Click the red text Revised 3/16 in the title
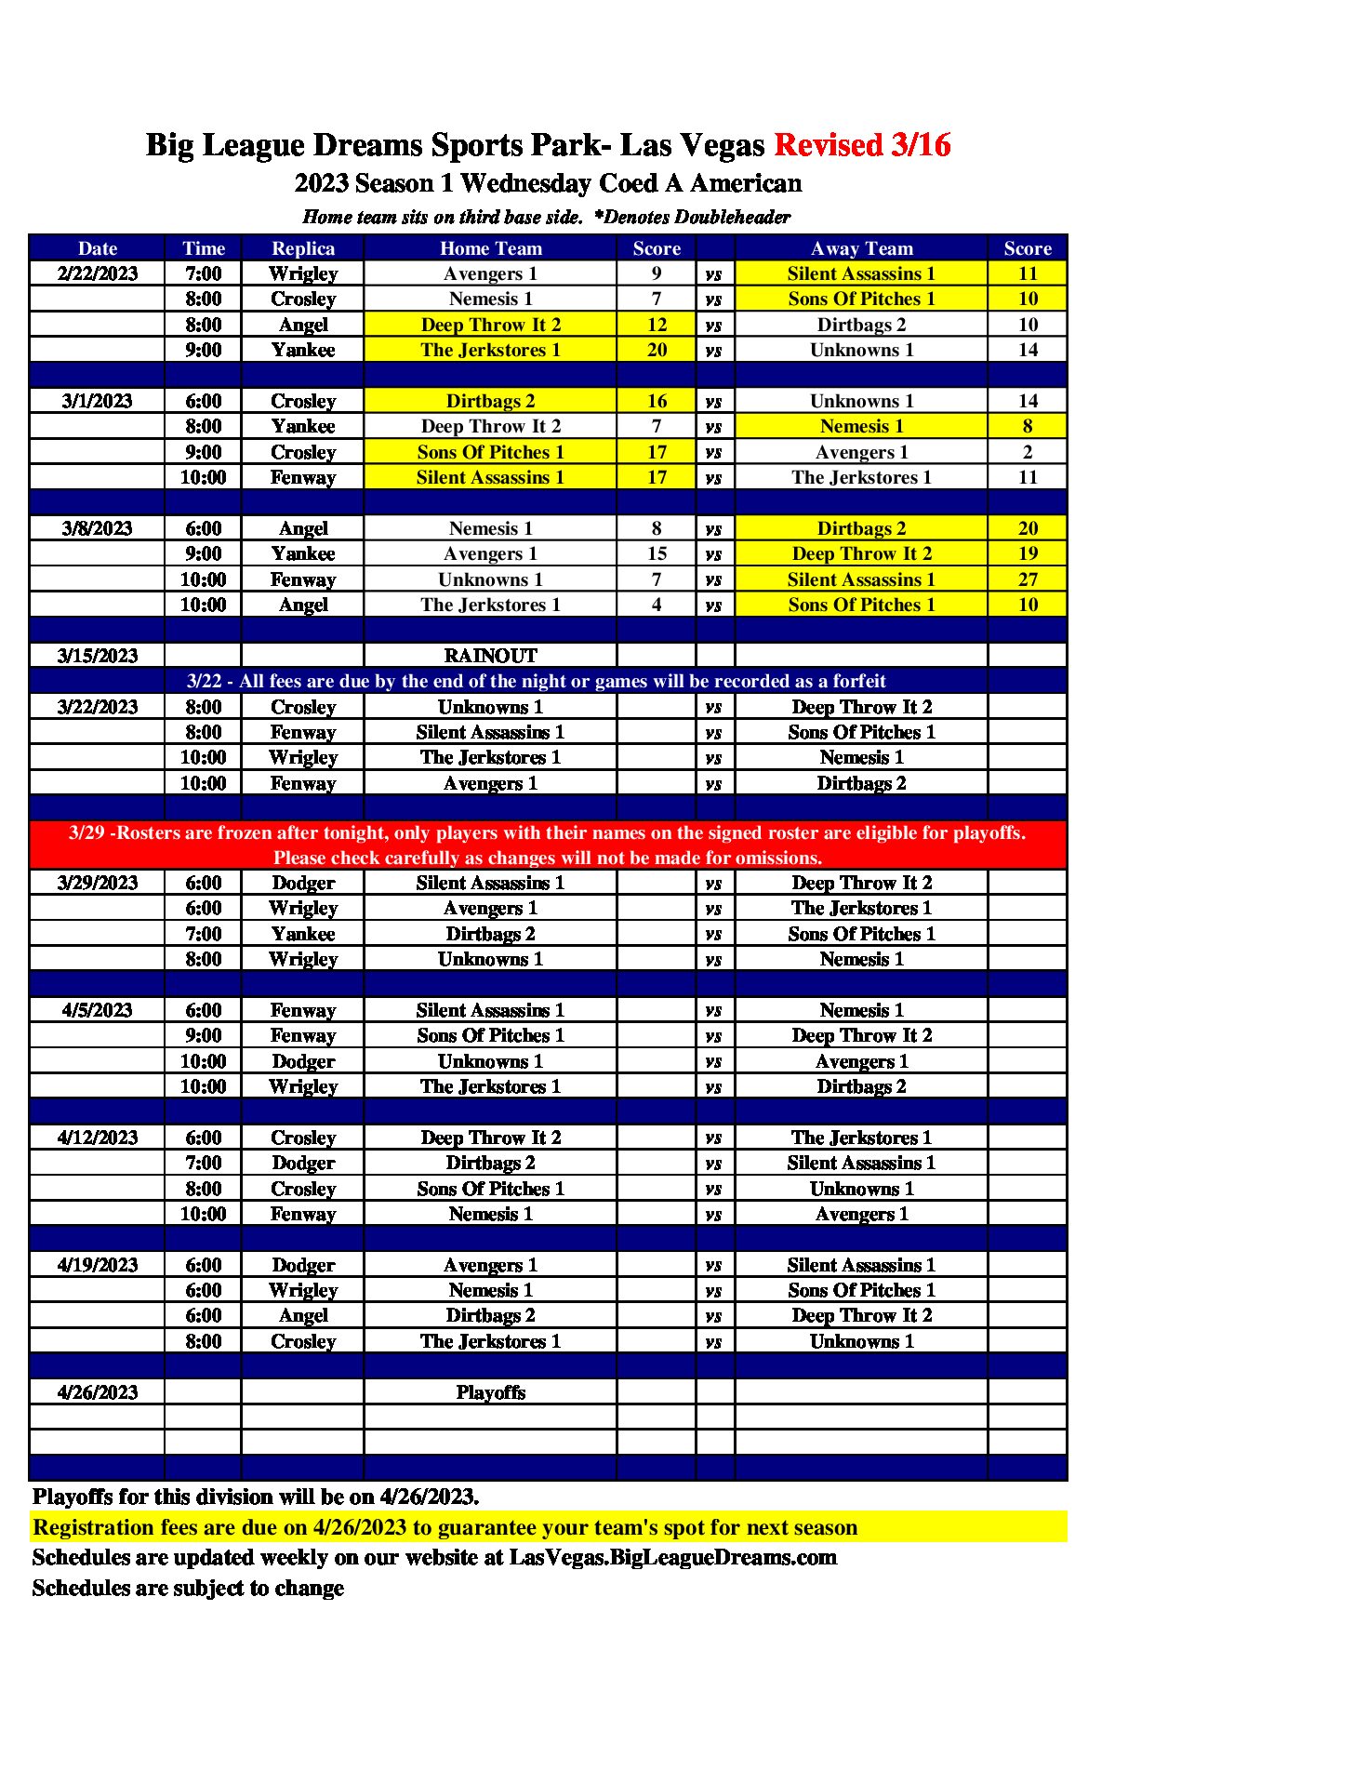tap(861, 145)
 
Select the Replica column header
tap(302, 248)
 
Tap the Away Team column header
tap(861, 248)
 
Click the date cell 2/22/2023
tap(98, 273)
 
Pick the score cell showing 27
tap(1027, 579)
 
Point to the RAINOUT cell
tap(490, 656)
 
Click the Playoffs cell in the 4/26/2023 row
tap(490, 1392)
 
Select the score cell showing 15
tap(657, 553)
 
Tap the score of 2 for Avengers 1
tap(1027, 452)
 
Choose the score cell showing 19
tap(1027, 553)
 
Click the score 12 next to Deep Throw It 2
tap(657, 325)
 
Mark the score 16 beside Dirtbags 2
tap(657, 401)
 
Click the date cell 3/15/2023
tap(98, 656)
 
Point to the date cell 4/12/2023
tap(98, 1138)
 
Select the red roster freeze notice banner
tap(548, 845)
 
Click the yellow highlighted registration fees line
tap(445, 1527)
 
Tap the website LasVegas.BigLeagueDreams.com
tap(672, 1557)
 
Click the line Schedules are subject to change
tap(188, 1588)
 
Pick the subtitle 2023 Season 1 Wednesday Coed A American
tap(548, 183)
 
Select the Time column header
tap(204, 248)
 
